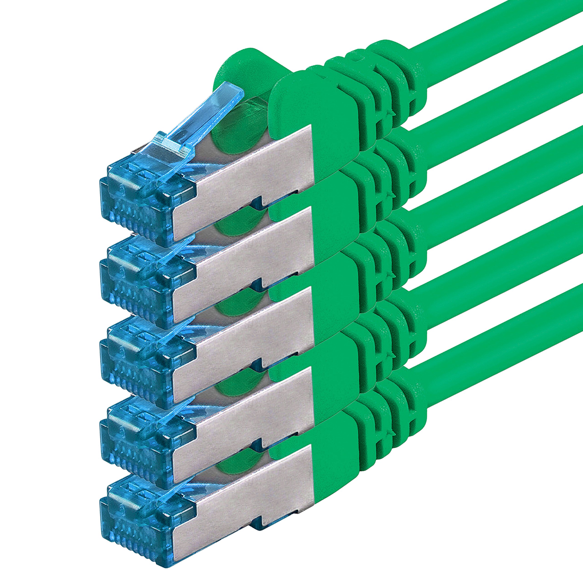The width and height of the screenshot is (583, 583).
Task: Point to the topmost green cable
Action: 498,27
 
